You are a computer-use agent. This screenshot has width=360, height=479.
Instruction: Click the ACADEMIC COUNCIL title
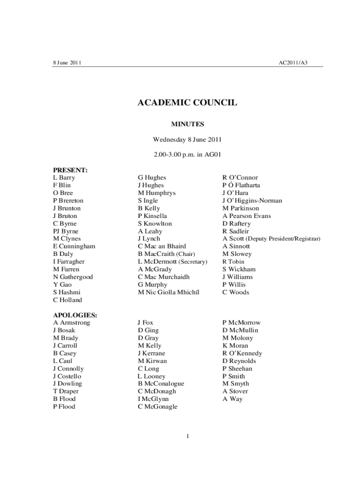tap(187, 102)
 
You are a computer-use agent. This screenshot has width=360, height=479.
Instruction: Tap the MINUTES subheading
tap(187, 124)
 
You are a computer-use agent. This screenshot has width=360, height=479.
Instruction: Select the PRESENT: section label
tap(71, 170)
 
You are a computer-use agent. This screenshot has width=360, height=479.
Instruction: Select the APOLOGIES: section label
tap(75, 315)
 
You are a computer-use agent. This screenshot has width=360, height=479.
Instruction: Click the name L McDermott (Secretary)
tap(173, 261)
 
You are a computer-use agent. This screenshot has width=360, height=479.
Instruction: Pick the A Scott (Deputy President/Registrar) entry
tap(271, 239)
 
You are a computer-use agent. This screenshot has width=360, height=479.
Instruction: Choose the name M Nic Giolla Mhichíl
tap(168, 292)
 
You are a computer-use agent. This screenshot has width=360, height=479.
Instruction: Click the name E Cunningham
tap(74, 246)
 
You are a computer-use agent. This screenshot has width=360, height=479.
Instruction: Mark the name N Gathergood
tap(73, 277)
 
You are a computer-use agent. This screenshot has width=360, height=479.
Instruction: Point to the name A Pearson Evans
tap(246, 216)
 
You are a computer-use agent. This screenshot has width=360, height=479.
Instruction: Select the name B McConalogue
tap(161, 384)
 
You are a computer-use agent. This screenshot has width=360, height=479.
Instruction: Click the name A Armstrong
tap(72, 323)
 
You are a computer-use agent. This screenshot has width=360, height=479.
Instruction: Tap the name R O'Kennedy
tap(242, 353)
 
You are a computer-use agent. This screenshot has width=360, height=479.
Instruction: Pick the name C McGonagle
tap(158, 406)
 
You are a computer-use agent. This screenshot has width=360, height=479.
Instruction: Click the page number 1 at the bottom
tap(187, 436)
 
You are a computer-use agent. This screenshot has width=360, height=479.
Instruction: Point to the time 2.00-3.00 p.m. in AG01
tap(187, 155)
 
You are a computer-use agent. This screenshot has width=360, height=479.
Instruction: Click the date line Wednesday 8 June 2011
tap(187, 139)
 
